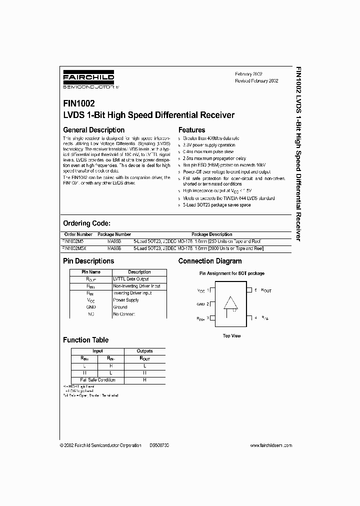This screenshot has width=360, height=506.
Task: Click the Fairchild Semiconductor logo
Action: (x=88, y=79)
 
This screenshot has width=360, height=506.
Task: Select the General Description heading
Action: (x=93, y=130)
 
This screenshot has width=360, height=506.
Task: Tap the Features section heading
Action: (x=192, y=130)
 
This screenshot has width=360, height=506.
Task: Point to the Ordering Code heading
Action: (x=86, y=223)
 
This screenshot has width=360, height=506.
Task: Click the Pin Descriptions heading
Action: (x=88, y=261)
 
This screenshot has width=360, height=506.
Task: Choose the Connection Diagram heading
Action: (x=210, y=261)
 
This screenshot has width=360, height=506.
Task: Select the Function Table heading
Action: (x=85, y=340)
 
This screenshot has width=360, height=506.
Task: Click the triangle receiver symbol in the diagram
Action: (x=231, y=303)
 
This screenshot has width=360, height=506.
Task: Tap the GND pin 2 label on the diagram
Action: (x=202, y=303)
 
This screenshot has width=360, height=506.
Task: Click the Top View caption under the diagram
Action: (x=231, y=336)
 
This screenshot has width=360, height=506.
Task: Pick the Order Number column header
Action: (x=78, y=234)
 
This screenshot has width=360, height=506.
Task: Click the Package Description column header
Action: (x=212, y=234)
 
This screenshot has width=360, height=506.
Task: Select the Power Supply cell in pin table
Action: (x=126, y=300)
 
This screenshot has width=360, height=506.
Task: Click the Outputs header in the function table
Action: (x=145, y=351)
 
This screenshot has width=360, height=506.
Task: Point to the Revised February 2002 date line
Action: (x=256, y=80)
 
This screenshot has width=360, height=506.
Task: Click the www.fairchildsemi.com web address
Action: (x=270, y=445)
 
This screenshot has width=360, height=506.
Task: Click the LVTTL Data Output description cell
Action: (x=131, y=279)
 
